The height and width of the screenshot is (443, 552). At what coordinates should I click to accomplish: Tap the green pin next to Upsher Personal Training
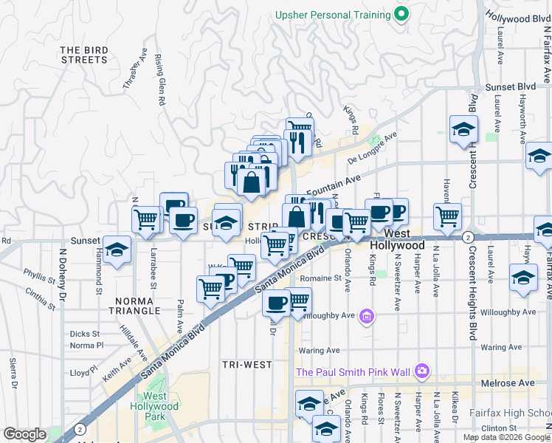coord(401,14)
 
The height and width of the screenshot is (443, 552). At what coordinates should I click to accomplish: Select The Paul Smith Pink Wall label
coord(353,371)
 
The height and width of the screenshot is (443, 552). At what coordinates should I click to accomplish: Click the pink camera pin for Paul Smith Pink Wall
coord(421,370)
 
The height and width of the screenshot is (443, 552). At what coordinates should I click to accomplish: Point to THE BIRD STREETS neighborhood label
coord(83,55)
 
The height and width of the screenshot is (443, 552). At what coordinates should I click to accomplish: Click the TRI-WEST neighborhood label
coord(247,365)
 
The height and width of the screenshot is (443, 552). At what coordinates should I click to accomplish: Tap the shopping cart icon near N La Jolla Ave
coord(447,216)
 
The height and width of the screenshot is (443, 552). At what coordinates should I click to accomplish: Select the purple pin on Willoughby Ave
coord(367,317)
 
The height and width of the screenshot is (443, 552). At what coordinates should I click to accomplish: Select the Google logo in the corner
coord(25,434)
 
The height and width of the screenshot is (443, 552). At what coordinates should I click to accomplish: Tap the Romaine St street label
coord(321,278)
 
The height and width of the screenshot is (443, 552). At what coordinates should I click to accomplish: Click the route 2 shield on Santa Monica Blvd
coord(468,237)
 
